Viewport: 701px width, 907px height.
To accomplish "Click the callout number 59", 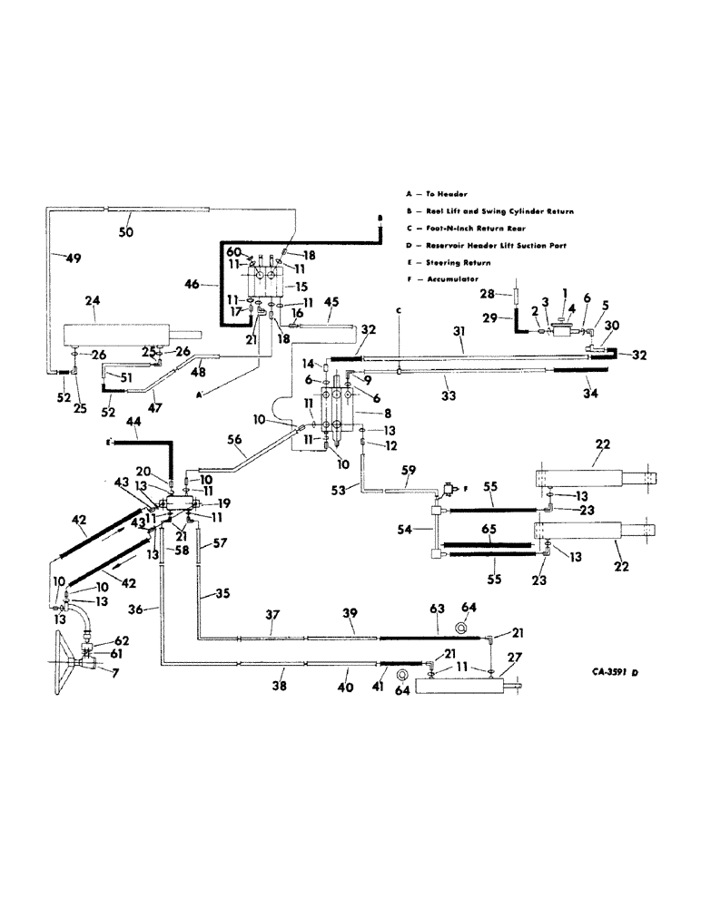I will point(408,472).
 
